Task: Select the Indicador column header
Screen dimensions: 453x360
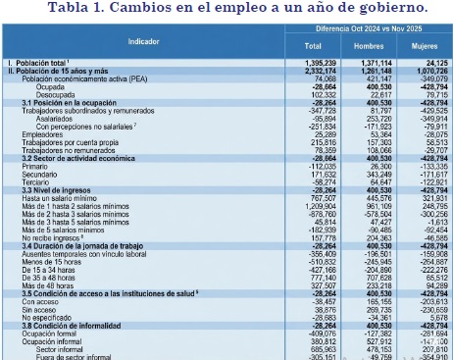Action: tap(143, 42)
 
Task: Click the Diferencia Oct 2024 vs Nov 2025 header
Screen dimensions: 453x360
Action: tap(368, 28)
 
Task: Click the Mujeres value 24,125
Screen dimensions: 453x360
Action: tap(428, 62)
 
